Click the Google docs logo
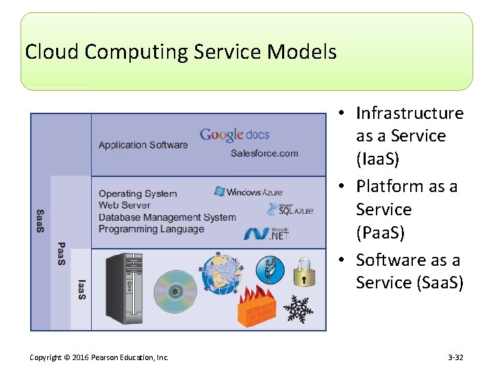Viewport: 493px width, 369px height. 234,135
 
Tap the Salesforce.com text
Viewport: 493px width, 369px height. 264,153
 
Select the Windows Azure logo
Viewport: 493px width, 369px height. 248,192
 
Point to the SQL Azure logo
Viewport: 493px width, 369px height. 290,209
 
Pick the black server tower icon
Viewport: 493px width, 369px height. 125,288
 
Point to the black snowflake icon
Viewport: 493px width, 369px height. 298,310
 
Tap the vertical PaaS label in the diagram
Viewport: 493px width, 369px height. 61,254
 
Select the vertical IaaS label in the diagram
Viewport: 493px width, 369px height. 81,288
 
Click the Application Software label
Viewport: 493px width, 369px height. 142,145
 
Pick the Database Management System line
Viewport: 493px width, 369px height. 167,217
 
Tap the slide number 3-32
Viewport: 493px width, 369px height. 455,357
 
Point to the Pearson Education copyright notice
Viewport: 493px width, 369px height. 99,357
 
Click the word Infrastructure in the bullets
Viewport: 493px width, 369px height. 409,113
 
